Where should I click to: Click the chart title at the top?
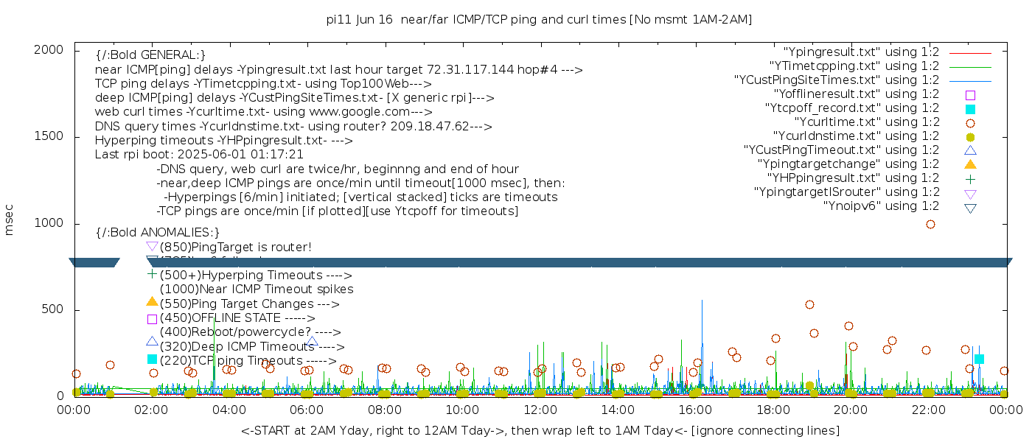(539, 20)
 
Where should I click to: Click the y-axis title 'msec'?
(10, 220)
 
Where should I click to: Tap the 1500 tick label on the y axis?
(49, 136)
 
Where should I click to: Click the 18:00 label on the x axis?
(773, 410)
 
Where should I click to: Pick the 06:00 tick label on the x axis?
(307, 410)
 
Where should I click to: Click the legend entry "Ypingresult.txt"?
(861, 52)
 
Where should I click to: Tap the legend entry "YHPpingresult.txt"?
(853, 178)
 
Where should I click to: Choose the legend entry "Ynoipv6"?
(881, 206)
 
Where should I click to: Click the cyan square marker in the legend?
(970, 109)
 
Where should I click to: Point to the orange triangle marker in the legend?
(970, 164)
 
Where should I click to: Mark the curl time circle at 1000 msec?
(930, 224)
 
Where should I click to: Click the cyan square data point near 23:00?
(979, 359)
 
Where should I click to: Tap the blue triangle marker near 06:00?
(313, 342)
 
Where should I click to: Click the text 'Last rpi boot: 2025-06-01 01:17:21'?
(199, 155)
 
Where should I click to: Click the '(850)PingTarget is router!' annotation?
(235, 247)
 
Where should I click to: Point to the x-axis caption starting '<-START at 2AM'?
(540, 429)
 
